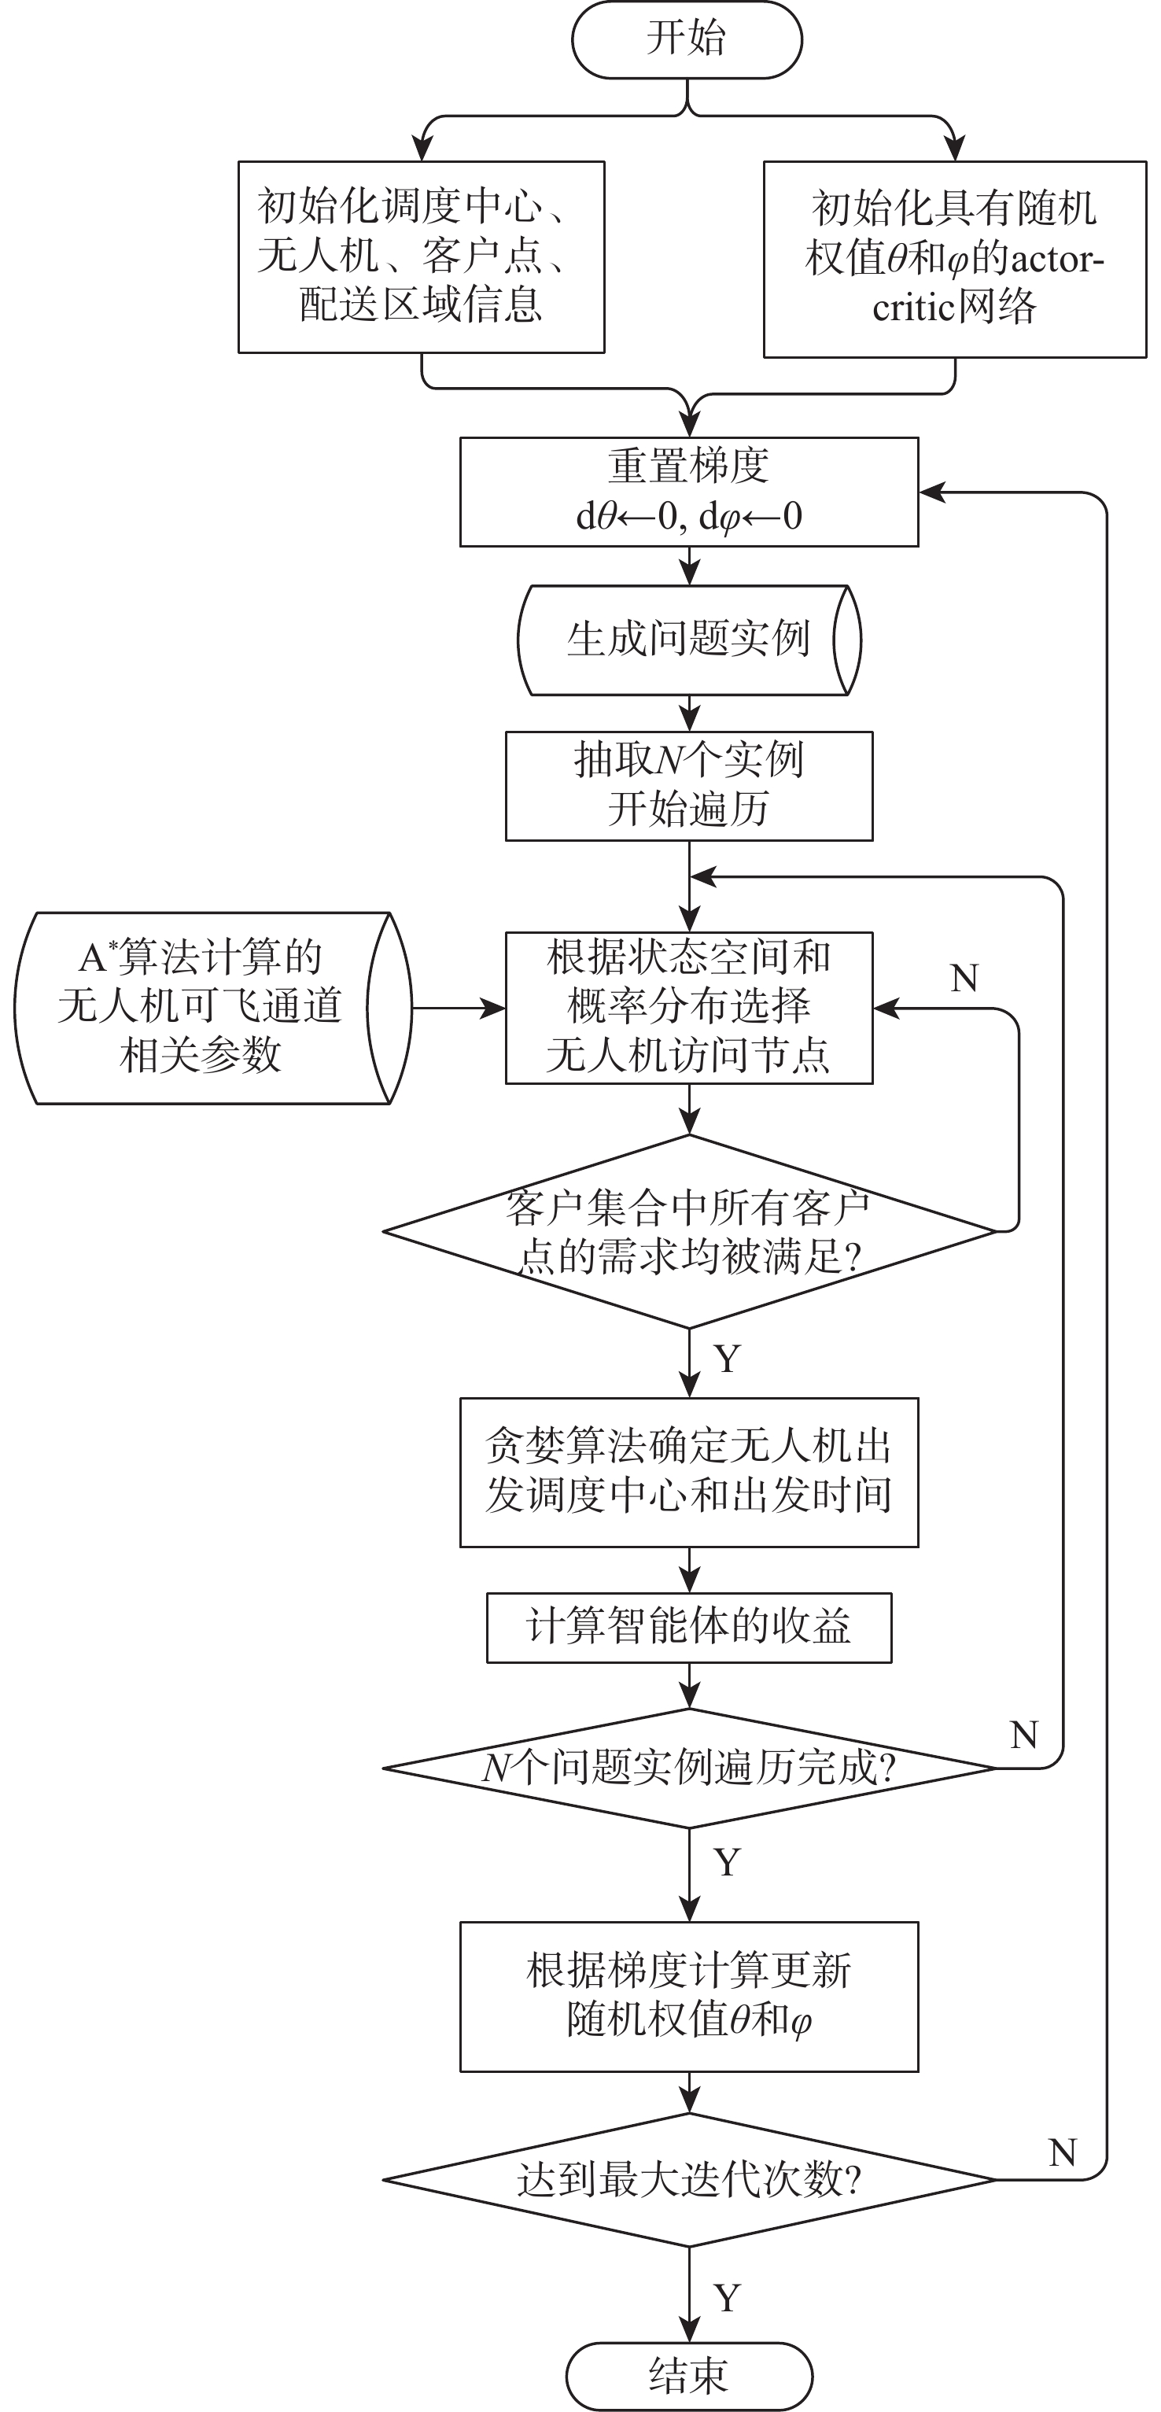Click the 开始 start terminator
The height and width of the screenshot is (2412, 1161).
click(x=687, y=39)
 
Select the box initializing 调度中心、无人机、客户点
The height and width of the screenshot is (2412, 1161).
click(x=422, y=257)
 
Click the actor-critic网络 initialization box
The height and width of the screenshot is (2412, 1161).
click(x=955, y=260)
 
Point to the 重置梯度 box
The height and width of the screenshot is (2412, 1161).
click(x=689, y=492)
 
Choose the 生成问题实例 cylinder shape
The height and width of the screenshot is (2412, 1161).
click(x=689, y=640)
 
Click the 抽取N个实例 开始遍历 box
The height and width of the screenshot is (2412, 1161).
click(x=689, y=787)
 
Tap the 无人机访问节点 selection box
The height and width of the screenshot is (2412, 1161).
click(x=689, y=1009)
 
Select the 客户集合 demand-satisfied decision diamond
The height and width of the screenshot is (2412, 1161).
click(x=689, y=1232)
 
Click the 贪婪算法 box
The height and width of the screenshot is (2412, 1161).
click(x=689, y=1473)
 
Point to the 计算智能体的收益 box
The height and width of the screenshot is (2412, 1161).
click(x=689, y=1628)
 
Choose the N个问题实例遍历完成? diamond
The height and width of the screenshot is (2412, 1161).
click(x=689, y=1768)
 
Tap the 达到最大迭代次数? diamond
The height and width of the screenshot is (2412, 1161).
click(x=689, y=2181)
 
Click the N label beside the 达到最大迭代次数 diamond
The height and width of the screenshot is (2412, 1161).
click(x=1063, y=2152)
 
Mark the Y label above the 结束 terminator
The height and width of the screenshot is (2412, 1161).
click(x=728, y=2298)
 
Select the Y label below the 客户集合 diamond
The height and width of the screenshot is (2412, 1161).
click(x=728, y=1359)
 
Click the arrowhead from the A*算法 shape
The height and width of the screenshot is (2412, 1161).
click(x=494, y=1009)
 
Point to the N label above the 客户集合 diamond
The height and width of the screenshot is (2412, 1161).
click(x=964, y=979)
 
